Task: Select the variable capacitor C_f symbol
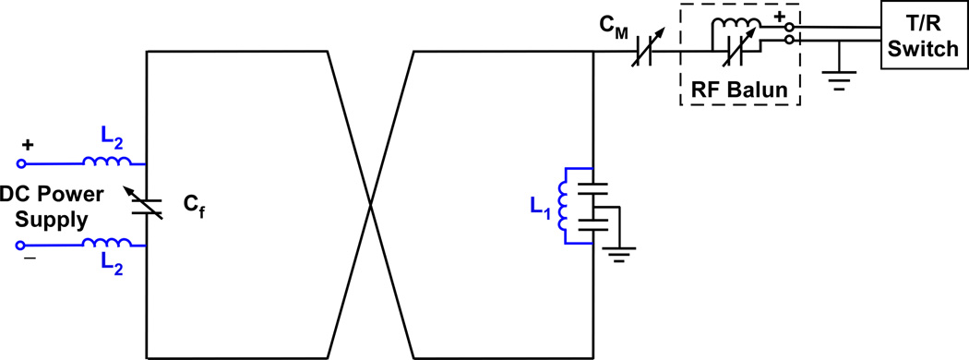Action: point(148,205)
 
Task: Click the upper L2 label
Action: point(109,140)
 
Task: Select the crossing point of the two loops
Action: point(370,205)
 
